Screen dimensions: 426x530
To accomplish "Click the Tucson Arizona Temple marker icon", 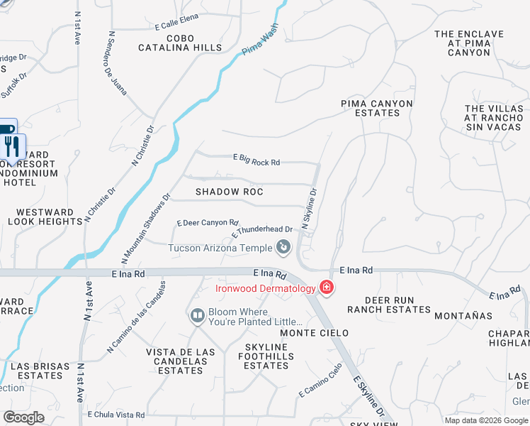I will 283,247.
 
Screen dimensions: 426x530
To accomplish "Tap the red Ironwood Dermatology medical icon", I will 327,288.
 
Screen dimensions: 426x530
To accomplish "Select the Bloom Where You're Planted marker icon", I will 197,314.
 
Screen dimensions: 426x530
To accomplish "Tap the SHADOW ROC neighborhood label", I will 229,192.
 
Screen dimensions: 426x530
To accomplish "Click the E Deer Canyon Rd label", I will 208,222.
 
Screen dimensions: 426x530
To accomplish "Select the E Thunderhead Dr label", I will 262,231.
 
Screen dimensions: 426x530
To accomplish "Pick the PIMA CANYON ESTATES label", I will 376,108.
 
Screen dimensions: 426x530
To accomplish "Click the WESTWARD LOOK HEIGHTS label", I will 45,217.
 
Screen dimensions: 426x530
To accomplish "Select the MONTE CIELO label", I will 314,333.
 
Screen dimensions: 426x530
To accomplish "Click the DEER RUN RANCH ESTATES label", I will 388,305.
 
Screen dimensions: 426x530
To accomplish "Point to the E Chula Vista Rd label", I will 116,415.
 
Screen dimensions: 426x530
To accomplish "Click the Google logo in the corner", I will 23,417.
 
